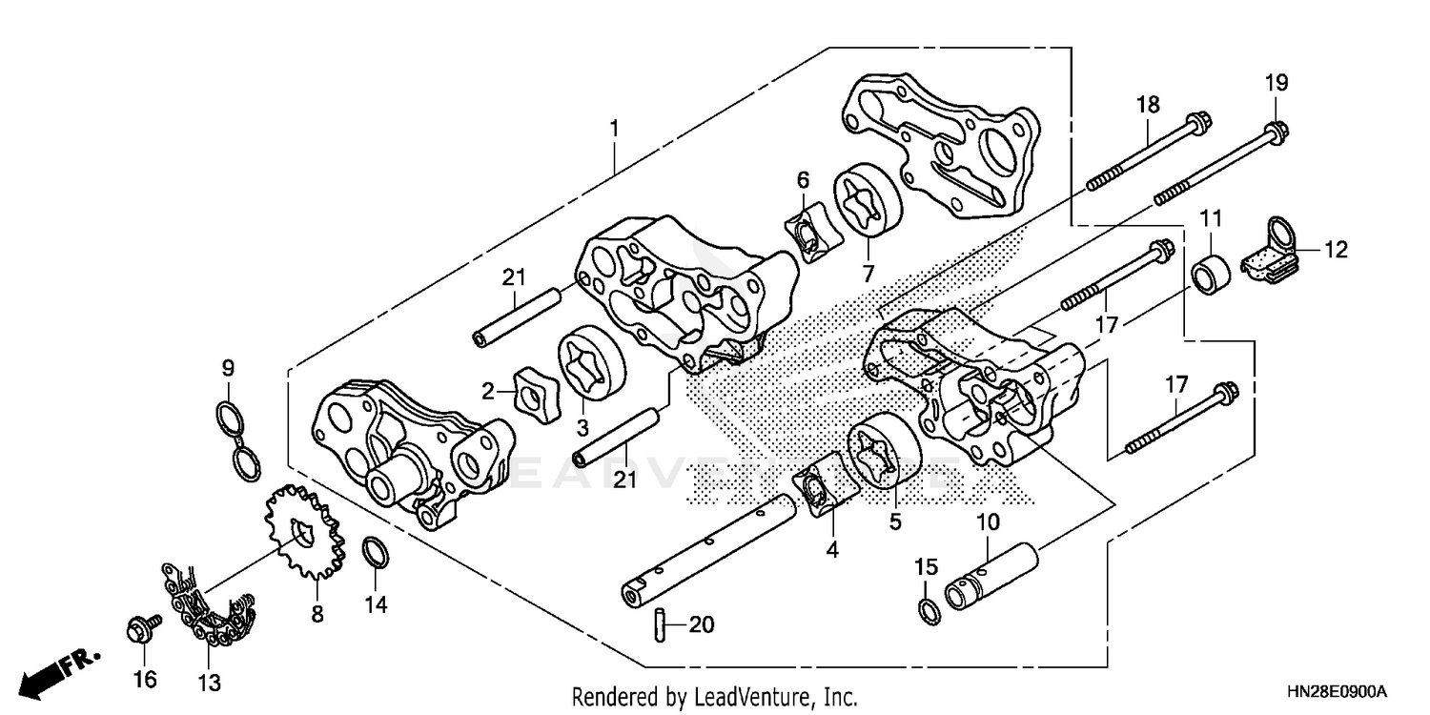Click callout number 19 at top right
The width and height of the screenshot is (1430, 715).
[1276, 83]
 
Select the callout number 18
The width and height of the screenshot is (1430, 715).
[1147, 104]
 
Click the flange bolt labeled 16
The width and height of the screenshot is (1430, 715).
[139, 630]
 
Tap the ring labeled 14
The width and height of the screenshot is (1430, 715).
[376, 552]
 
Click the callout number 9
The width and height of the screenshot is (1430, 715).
[228, 367]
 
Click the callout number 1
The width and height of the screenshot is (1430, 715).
[615, 126]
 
